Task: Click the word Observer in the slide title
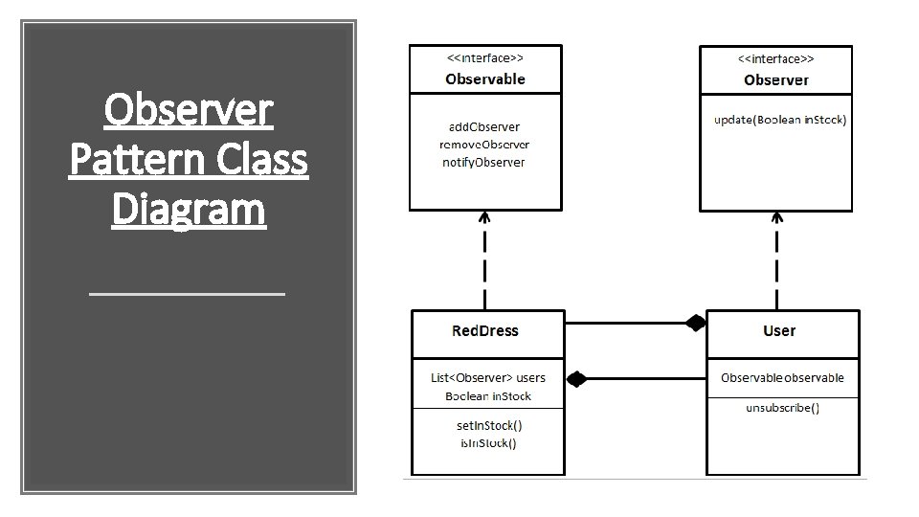pos(189,111)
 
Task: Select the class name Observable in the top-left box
pos(485,79)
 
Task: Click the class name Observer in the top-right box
pos(776,79)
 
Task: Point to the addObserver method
pos(484,126)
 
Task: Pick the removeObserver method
pos(484,144)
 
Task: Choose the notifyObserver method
pos(483,162)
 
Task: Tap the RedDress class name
pos(485,330)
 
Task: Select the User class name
pos(779,330)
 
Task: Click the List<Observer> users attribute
pos(488,377)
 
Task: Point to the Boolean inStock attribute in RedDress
pos(488,395)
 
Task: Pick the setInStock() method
pos(488,424)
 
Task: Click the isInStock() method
pos(488,442)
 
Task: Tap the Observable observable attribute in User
pos(783,377)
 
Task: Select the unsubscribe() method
pos(782,408)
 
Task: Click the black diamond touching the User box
pos(695,324)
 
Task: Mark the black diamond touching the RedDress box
pos(575,379)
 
